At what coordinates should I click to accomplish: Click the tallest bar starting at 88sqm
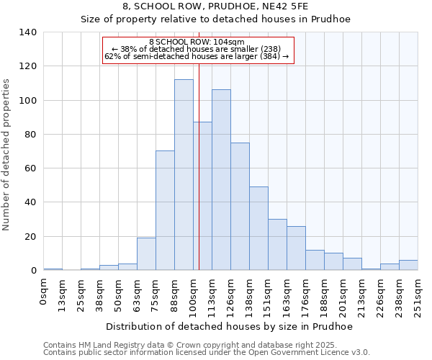(184, 175)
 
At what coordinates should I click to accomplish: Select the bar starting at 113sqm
(221, 180)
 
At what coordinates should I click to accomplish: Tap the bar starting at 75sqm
(165, 210)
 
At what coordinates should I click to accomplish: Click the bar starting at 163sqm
(296, 248)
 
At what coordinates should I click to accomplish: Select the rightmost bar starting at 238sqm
(408, 265)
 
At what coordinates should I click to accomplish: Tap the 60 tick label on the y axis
(31, 168)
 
